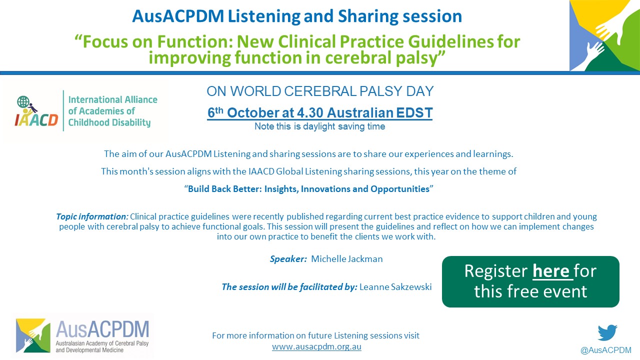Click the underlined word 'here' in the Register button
(551, 271)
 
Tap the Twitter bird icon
(607, 332)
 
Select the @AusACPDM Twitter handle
(605, 350)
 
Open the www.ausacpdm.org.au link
(316, 346)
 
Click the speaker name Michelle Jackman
(347, 259)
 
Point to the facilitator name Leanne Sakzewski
(395, 287)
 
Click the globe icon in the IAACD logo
(23, 101)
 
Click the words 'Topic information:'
(92, 216)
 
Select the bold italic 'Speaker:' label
(288, 259)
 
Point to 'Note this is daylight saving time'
(319, 126)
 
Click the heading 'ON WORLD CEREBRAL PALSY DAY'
(320, 91)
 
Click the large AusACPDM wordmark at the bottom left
(102, 329)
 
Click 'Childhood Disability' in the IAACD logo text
(109, 122)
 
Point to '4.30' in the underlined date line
(309, 112)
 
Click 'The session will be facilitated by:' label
(289, 287)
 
